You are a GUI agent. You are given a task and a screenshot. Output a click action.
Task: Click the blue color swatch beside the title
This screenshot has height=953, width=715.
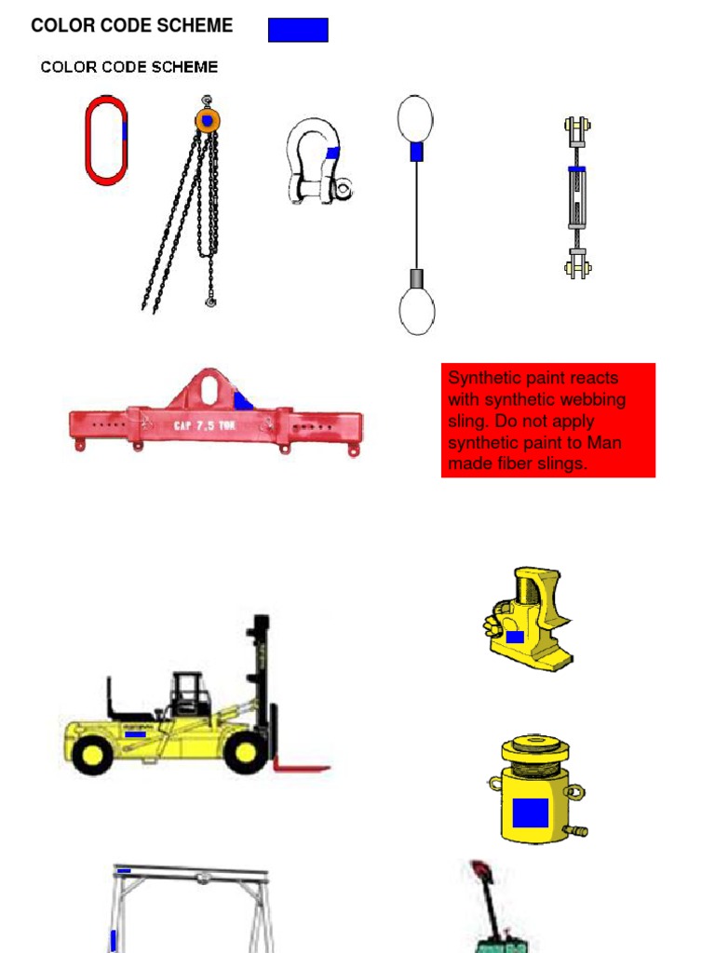pyautogui.click(x=298, y=30)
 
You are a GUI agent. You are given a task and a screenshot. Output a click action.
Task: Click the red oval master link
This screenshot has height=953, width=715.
pyautogui.click(x=88, y=140)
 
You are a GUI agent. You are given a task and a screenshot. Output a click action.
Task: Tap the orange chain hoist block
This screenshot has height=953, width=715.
pyautogui.click(x=208, y=120)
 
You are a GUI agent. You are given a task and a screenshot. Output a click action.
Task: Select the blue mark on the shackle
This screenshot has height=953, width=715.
pyautogui.click(x=332, y=153)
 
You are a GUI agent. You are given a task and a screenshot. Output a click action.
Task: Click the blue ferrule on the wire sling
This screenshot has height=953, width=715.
pyautogui.click(x=416, y=152)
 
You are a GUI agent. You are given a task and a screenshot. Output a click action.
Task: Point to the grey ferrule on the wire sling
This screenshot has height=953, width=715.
pyautogui.click(x=417, y=278)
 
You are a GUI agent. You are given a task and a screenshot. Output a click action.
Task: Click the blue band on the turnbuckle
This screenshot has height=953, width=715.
pyautogui.click(x=577, y=169)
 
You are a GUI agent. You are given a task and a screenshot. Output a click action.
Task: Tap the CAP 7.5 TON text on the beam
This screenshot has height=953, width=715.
pyautogui.click(x=204, y=424)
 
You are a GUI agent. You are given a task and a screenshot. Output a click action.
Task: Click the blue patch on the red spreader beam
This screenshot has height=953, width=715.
pyautogui.click(x=243, y=400)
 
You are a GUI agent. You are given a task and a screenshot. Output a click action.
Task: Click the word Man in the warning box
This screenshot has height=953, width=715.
pyautogui.click(x=603, y=442)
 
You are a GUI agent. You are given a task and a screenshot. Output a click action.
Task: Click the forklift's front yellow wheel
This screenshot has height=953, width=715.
pyautogui.click(x=245, y=752)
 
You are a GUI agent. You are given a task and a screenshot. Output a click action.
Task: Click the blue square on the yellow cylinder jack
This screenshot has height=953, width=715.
pyautogui.click(x=531, y=812)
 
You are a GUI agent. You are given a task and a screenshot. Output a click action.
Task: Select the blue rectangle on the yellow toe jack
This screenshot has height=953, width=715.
pyautogui.click(x=515, y=637)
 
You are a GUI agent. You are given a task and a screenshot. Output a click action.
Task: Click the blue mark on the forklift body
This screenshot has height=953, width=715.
pyautogui.click(x=135, y=734)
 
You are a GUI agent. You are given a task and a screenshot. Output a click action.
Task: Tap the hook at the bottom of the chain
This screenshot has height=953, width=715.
pyautogui.click(x=210, y=301)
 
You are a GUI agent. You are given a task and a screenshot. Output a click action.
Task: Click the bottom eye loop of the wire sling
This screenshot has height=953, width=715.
pyautogui.click(x=417, y=311)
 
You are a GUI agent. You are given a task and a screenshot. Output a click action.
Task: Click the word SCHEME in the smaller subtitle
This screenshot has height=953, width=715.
pyautogui.click(x=184, y=67)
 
